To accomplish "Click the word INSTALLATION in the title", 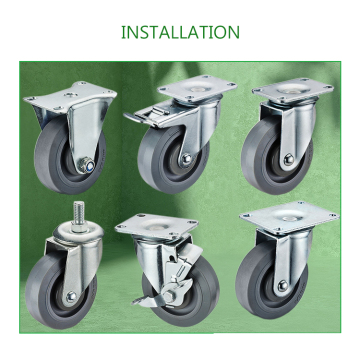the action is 180,32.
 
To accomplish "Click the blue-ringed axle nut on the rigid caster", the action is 89,164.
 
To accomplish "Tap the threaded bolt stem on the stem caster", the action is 78,212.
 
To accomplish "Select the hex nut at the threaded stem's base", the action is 79,228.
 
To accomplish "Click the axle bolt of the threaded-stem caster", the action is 71,297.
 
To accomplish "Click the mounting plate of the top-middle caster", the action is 197,87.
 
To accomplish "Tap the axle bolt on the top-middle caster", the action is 186,159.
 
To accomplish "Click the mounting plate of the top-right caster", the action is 293,89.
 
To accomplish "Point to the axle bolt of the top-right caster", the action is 288,160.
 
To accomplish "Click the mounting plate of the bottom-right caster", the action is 289,217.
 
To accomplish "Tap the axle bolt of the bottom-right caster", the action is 283,286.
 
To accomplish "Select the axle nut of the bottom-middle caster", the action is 169,295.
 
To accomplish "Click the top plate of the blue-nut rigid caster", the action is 70,97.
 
